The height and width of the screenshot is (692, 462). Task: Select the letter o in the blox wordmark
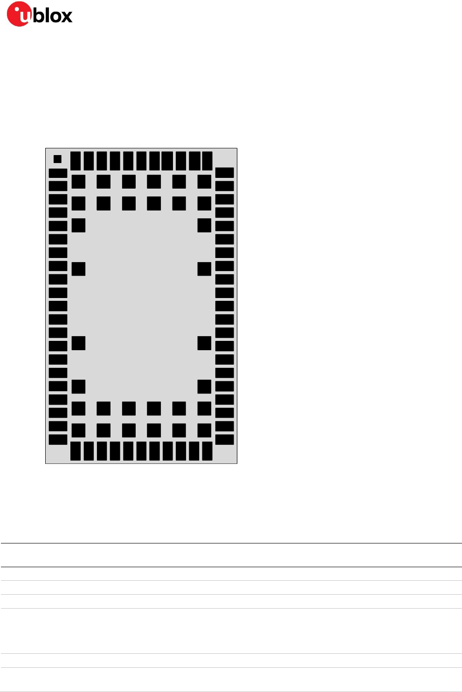tap(53, 17)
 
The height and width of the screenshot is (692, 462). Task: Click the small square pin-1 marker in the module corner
tap(57, 159)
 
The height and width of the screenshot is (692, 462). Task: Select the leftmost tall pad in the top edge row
tap(75, 161)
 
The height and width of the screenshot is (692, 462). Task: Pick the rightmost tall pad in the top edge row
tap(207, 161)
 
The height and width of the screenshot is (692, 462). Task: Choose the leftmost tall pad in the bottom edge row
tap(75, 451)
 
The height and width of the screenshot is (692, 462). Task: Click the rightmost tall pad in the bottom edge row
tap(207, 451)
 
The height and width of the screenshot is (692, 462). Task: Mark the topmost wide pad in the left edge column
tap(58, 173)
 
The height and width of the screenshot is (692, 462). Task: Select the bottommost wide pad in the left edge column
tap(58, 439)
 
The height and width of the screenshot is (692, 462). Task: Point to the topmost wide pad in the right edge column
tap(225, 173)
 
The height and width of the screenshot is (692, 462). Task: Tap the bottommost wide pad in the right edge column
tap(225, 439)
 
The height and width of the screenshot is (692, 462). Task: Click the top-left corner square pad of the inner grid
tap(78, 182)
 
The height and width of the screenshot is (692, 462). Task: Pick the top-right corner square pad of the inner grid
tap(204, 182)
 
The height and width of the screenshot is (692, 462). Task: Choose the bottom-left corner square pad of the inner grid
tap(78, 430)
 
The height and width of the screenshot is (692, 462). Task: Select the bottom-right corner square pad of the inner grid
tap(204, 430)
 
